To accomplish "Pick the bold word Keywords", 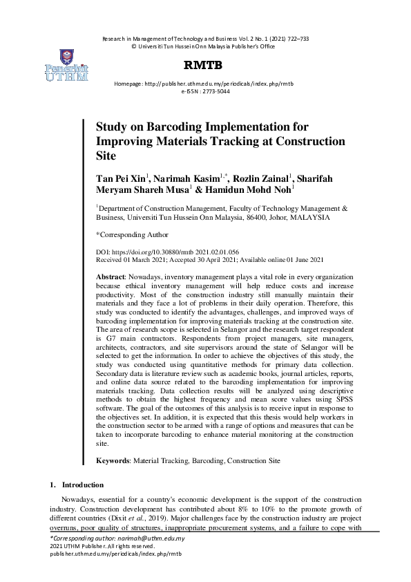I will click(x=114, y=459).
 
